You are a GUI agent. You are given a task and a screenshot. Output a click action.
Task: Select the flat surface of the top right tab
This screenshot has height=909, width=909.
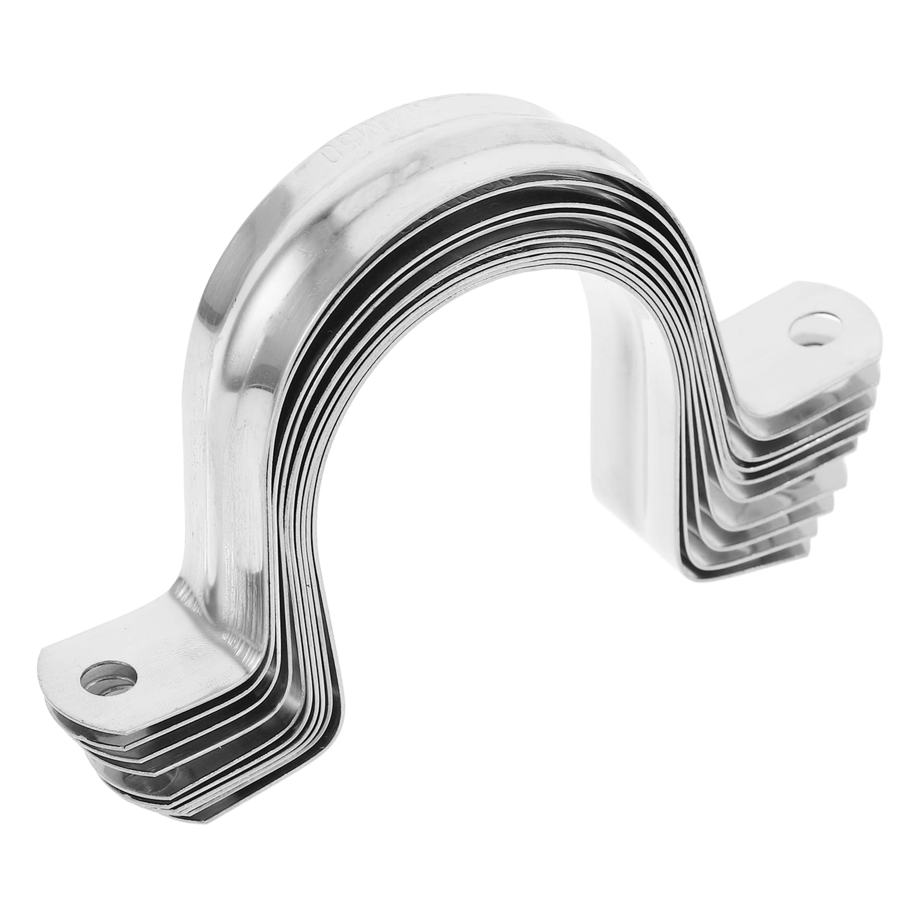coord(795,352)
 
